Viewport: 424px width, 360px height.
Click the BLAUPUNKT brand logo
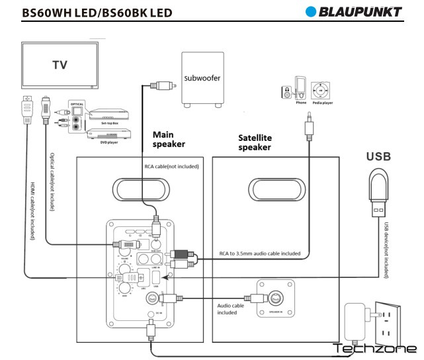pos(354,11)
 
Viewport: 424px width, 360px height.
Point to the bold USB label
pos(378,157)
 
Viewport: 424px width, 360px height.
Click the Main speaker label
pos(169,139)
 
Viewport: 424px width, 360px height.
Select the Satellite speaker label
pos(255,142)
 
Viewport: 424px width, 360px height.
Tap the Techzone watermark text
pos(374,349)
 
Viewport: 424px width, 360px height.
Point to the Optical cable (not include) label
pos(52,183)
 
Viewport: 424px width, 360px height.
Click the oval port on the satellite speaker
pos(275,190)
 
